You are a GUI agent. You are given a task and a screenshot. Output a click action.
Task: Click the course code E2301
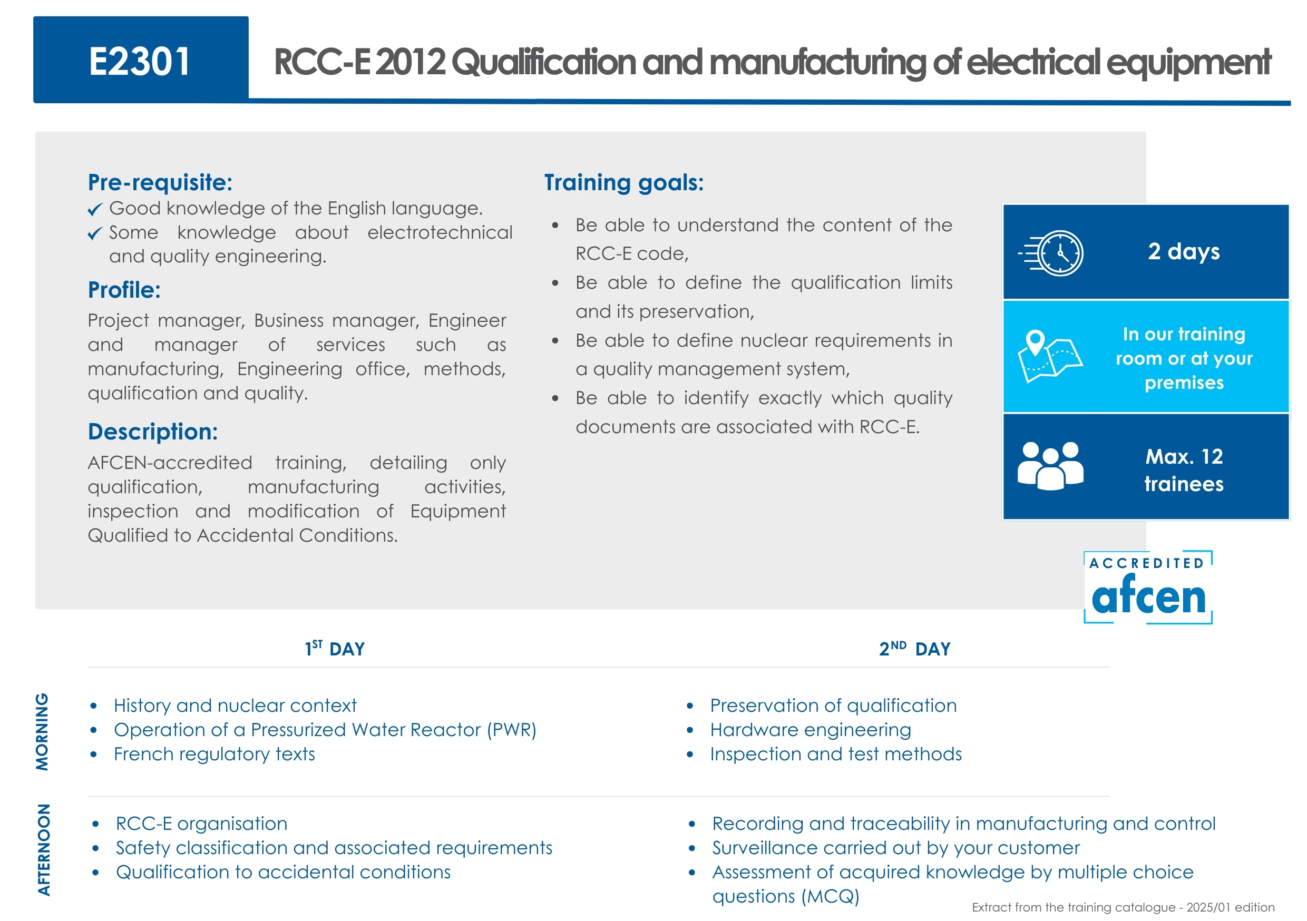[x=140, y=62]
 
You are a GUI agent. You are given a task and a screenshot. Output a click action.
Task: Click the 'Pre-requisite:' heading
[x=160, y=183]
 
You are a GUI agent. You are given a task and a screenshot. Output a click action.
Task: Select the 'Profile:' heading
[x=124, y=290]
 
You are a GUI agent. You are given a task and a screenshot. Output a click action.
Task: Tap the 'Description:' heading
[x=152, y=432]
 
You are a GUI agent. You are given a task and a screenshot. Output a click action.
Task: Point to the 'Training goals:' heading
[x=624, y=183]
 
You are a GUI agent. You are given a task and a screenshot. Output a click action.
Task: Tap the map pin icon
[x=1036, y=343]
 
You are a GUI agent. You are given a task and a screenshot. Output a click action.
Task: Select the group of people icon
[x=1050, y=466]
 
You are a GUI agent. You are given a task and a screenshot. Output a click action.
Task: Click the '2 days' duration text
[x=1184, y=252]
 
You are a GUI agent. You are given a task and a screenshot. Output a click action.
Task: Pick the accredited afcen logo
[x=1148, y=587]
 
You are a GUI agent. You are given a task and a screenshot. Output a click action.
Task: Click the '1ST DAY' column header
[x=335, y=649]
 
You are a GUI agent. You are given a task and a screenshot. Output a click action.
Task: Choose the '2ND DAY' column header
[x=915, y=649]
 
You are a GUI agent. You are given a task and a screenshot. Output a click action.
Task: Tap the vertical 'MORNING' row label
[x=43, y=732]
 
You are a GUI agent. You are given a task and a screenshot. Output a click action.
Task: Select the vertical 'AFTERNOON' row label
[x=43, y=850]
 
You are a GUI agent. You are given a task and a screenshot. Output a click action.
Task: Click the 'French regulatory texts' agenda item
[x=214, y=754]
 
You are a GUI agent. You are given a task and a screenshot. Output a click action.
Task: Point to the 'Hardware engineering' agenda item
[x=811, y=730]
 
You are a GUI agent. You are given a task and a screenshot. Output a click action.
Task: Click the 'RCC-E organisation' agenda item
[x=201, y=824]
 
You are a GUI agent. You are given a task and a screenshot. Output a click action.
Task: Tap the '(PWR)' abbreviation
[x=512, y=730]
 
